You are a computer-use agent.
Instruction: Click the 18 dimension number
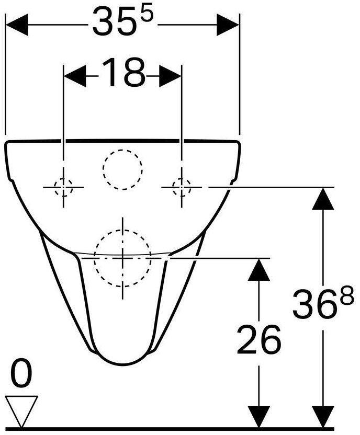pos(122,73)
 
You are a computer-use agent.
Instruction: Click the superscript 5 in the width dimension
pos(148,14)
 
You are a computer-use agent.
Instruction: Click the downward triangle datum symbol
pos(21,409)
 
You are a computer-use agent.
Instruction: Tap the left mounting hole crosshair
pos(63,186)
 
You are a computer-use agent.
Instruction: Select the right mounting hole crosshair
pos(181,186)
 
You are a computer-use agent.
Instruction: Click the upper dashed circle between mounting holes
pos(122,169)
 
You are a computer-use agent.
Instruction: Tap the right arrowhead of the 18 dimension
pos(170,76)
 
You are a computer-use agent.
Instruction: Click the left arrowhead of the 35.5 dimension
pos(16,24)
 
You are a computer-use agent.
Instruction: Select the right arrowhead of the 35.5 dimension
pos(228,24)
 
